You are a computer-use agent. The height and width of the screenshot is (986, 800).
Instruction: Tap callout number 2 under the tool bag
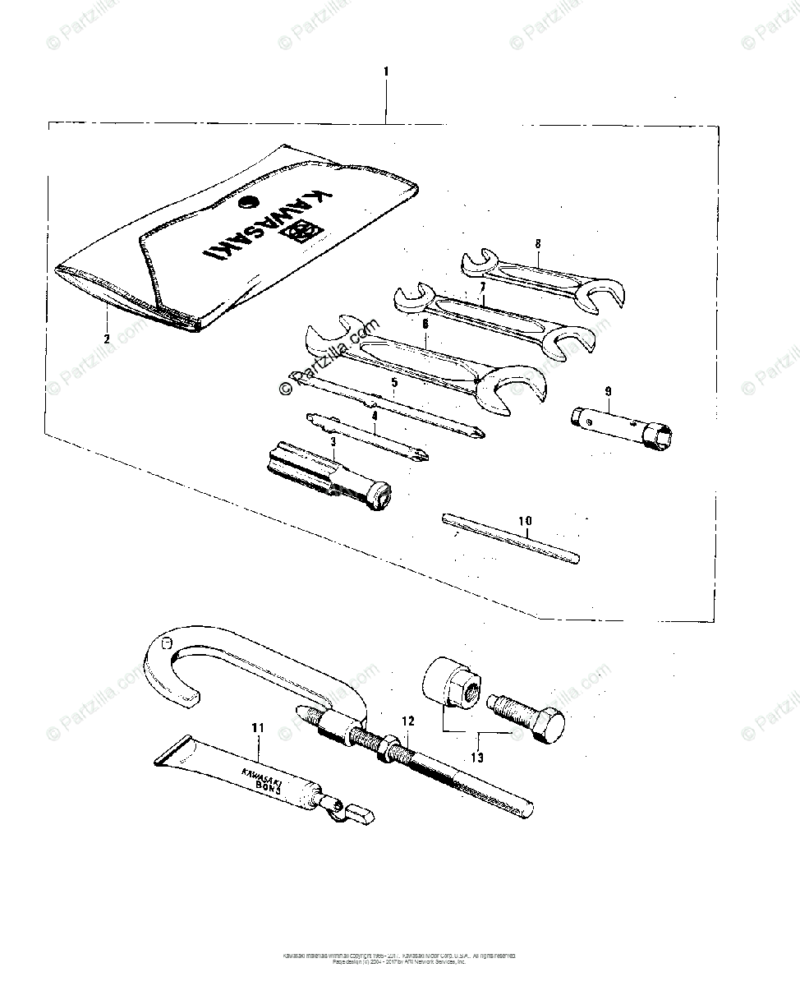coord(106,339)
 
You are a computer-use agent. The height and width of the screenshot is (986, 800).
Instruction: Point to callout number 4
coord(374,416)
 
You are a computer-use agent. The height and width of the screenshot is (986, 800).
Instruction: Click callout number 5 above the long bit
coord(394,383)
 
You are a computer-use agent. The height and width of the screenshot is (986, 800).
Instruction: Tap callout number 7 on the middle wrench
coord(483,287)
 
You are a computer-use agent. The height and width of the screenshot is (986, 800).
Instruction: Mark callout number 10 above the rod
coord(525,521)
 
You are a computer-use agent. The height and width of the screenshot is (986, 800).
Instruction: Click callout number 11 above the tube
coord(259,726)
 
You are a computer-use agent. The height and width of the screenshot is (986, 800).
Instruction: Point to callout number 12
coord(408,721)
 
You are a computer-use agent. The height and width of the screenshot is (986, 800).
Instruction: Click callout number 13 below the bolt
coord(477,757)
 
